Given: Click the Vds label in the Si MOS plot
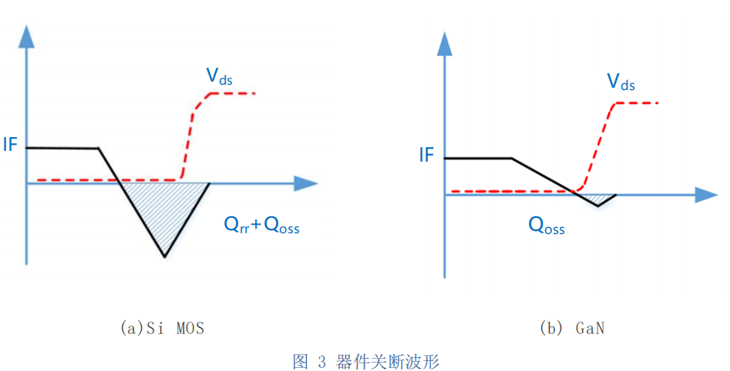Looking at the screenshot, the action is [219, 76].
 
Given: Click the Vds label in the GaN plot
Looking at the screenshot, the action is [621, 82].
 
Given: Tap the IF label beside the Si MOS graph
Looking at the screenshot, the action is [10, 145].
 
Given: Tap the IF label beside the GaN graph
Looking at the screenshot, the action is [426, 155].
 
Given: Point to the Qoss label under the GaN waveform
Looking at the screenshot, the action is [547, 226].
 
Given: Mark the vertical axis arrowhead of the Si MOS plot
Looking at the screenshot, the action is [26, 36].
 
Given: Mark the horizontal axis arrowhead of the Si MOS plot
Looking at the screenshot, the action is [307, 183].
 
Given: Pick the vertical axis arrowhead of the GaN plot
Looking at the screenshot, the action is [445, 44].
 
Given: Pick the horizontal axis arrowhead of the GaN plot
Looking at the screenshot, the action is [706, 195].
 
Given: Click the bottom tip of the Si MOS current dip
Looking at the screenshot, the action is [164, 256].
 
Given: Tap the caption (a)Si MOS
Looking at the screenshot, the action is [162, 328].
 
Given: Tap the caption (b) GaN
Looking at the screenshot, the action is [572, 328].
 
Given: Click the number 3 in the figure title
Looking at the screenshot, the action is [322, 361].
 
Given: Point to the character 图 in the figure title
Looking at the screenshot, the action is [301, 361].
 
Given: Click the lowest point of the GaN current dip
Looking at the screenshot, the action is [598, 206].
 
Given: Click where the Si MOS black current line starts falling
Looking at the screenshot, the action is [98, 149].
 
